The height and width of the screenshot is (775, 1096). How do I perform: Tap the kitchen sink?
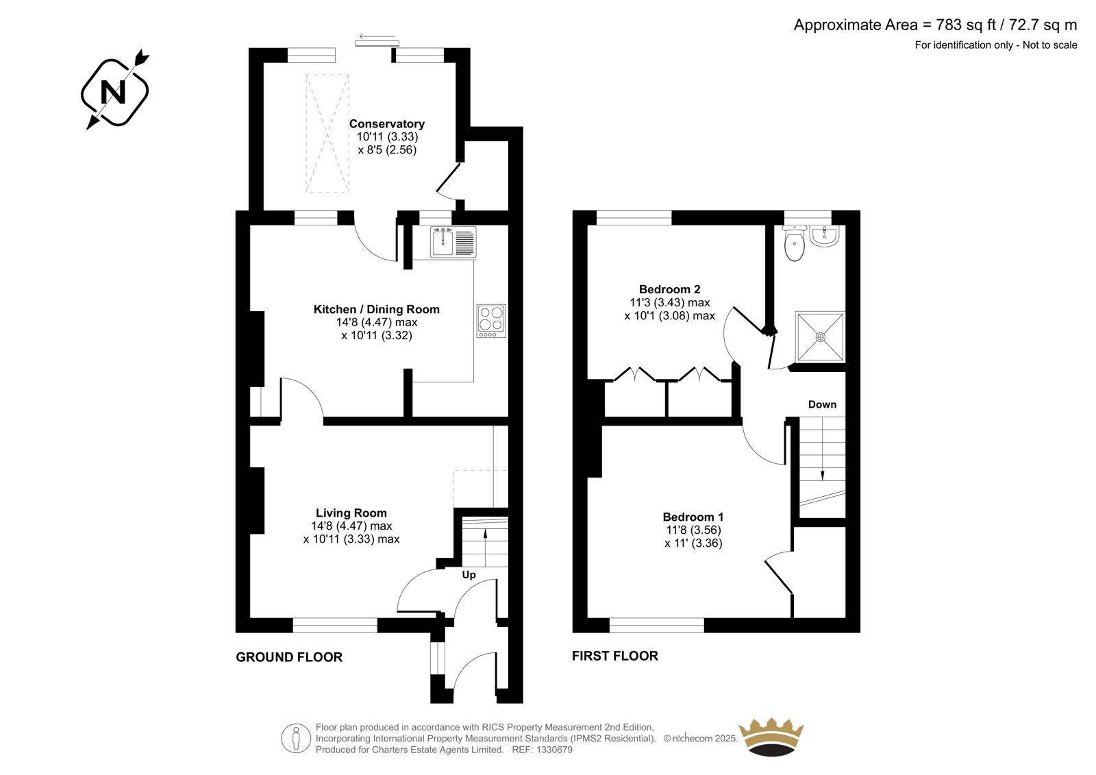(453, 241)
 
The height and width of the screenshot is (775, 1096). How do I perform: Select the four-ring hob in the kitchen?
(491, 321)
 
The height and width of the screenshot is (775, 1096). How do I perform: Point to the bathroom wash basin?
(825, 236)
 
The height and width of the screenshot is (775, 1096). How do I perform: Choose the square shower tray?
(820, 337)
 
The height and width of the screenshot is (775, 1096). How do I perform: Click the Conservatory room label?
(386, 124)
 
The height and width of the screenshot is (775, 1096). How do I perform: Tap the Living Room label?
(351, 513)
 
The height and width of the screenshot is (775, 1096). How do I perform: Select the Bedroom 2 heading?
(669, 289)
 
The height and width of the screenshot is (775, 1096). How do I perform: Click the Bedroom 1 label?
(693, 517)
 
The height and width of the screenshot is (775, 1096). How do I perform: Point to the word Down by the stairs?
(822, 404)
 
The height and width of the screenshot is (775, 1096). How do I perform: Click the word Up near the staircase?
(469, 575)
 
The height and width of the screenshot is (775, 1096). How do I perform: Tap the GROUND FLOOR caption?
(289, 657)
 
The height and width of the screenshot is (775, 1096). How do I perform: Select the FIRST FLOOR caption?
(615, 656)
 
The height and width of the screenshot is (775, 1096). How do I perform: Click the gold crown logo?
(771, 737)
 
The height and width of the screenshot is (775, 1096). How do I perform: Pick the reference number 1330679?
(553, 750)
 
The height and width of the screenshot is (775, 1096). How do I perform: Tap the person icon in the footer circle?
(295, 738)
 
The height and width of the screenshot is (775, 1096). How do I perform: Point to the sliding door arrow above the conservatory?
(377, 36)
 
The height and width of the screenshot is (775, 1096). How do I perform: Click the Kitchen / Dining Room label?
(376, 310)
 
